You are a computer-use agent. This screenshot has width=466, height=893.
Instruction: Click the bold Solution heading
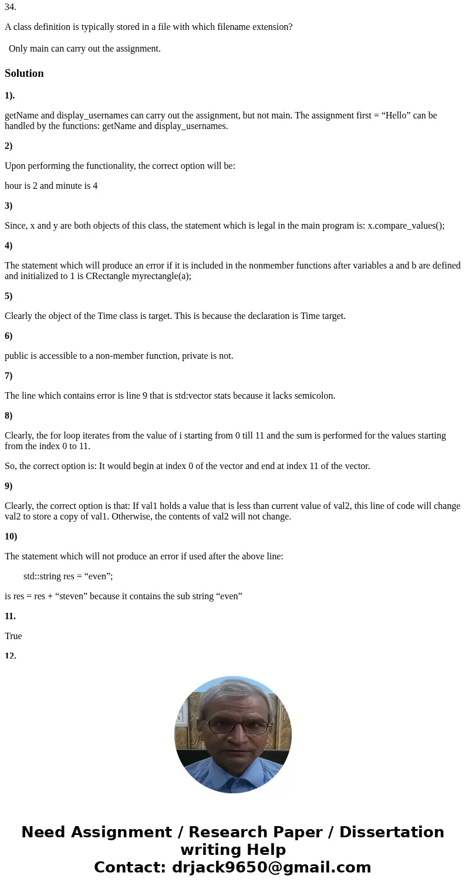pos(24,73)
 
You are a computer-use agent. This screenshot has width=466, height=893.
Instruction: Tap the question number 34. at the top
pos(11,8)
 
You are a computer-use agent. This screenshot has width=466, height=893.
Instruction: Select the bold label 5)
pos(9,296)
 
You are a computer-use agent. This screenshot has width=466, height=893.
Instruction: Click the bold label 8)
pos(9,416)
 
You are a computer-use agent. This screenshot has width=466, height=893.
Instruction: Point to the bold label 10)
pos(11,536)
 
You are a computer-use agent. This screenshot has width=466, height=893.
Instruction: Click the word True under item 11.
pos(13,636)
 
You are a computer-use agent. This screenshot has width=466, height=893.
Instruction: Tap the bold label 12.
pos(11,656)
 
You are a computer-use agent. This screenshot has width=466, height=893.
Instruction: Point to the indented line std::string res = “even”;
pos(68,576)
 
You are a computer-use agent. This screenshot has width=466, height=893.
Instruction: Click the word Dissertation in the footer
pos(391,833)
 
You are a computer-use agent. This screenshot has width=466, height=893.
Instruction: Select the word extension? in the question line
pos(271,27)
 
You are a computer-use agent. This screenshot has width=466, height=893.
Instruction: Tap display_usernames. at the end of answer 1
pos(191,126)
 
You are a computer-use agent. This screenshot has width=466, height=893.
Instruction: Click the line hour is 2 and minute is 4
pos(51,186)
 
